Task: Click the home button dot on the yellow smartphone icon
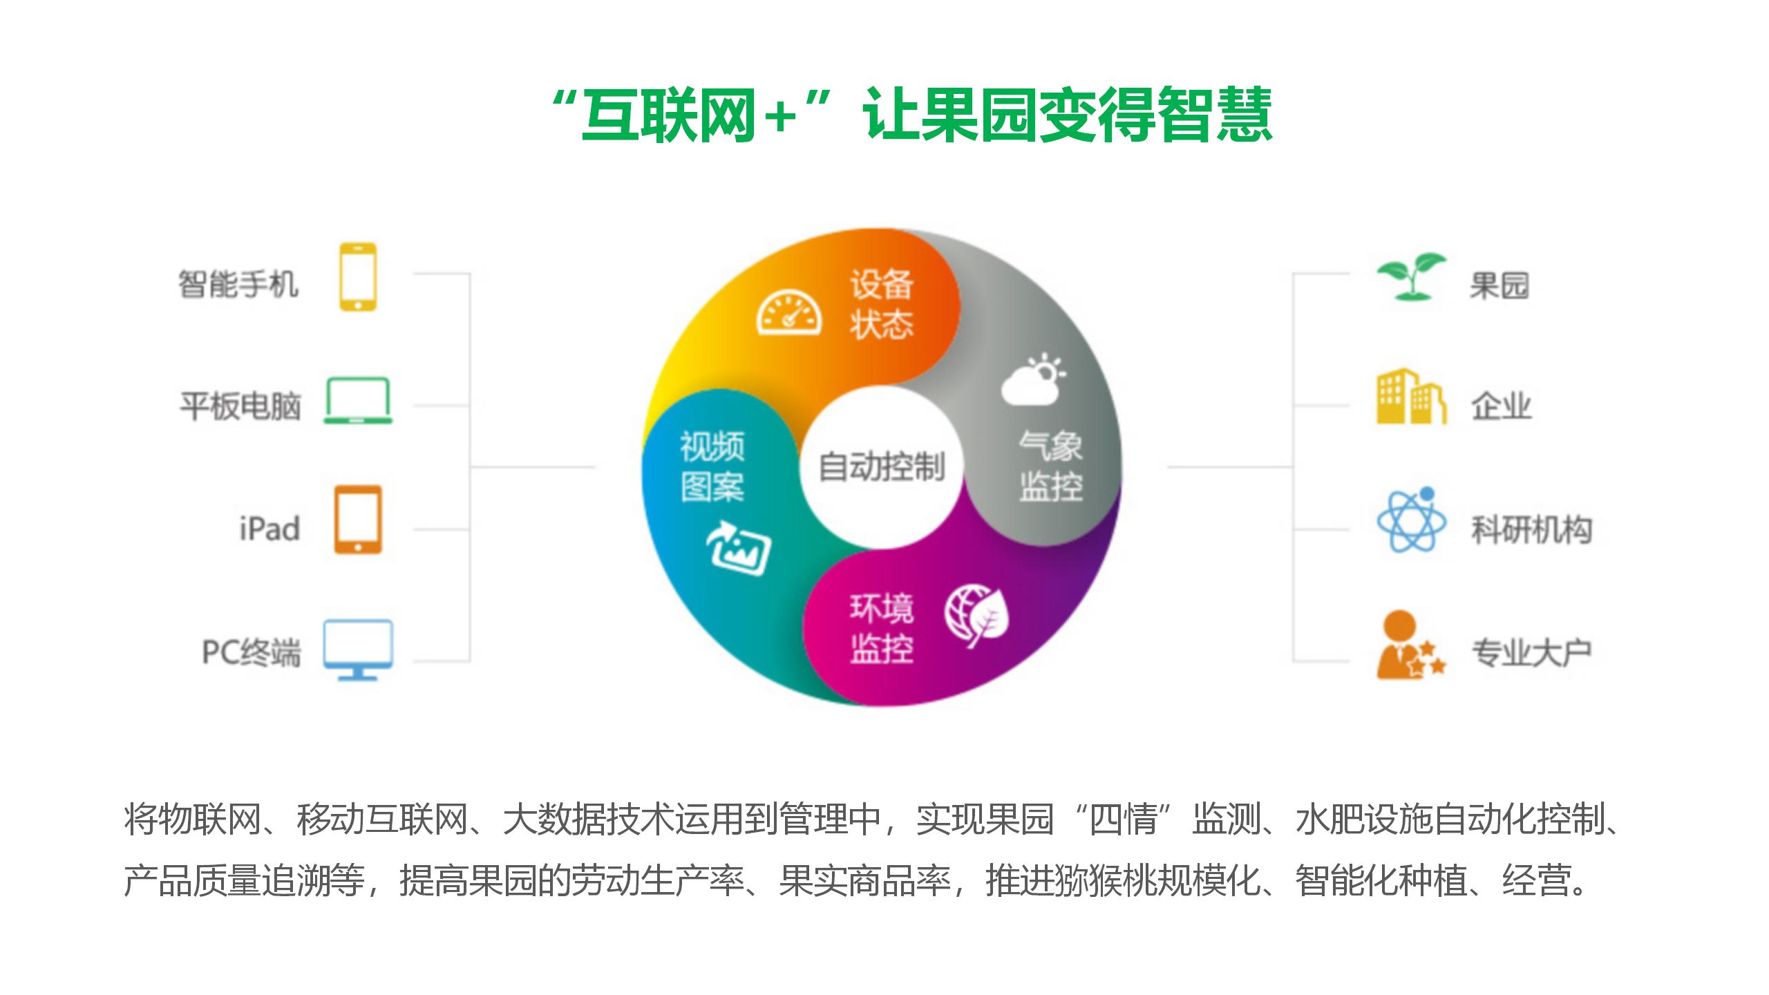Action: point(358,304)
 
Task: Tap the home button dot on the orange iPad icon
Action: point(358,547)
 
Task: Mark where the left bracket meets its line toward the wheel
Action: point(470,467)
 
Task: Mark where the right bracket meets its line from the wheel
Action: point(1293,467)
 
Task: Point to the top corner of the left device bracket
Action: point(470,274)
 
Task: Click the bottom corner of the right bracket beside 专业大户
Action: point(1293,661)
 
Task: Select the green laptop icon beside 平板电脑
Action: point(358,401)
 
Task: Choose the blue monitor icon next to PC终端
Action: point(358,650)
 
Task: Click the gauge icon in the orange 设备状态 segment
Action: point(789,315)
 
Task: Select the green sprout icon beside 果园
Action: point(1411,276)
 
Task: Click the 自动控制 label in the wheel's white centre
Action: point(882,467)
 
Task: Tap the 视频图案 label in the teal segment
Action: point(712,466)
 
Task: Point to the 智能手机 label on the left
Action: point(238,284)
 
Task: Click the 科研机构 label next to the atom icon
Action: point(1531,530)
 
